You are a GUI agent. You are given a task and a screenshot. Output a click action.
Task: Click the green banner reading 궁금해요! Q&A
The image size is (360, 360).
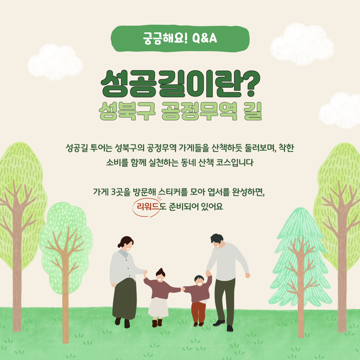[x=180, y=38]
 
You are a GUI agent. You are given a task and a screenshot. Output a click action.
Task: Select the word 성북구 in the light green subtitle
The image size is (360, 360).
[x=127, y=111]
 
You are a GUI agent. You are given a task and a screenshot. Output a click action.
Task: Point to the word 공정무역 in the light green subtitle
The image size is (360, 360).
[x=199, y=111]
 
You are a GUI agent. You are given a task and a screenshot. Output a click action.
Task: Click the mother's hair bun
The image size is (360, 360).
[x=119, y=245]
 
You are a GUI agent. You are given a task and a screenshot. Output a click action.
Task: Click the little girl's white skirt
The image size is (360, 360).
[x=158, y=307]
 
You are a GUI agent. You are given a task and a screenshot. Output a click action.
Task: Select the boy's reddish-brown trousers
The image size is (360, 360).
[x=198, y=312]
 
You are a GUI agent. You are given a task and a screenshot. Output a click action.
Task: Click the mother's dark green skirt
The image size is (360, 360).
[x=125, y=298]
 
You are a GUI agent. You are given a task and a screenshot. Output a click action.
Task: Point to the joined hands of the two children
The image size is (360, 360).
[x=183, y=289]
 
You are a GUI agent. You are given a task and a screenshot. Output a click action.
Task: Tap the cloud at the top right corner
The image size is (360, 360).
[x=302, y=44]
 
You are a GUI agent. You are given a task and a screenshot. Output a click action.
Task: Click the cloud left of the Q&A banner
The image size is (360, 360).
[x=55, y=62]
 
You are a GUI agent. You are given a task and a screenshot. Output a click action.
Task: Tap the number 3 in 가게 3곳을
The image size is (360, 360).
[x=113, y=192]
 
